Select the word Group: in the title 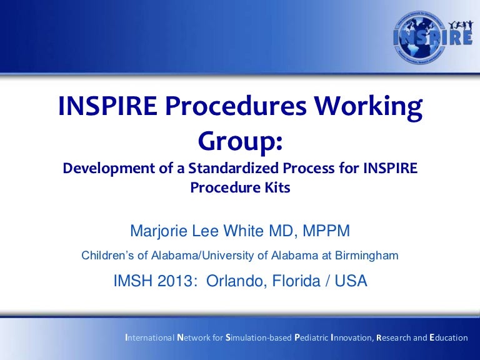point(241,140)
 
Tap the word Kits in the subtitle point(277,187)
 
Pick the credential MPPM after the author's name point(327,232)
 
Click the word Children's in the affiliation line point(109,256)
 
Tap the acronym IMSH point(134,281)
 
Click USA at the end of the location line point(351,281)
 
